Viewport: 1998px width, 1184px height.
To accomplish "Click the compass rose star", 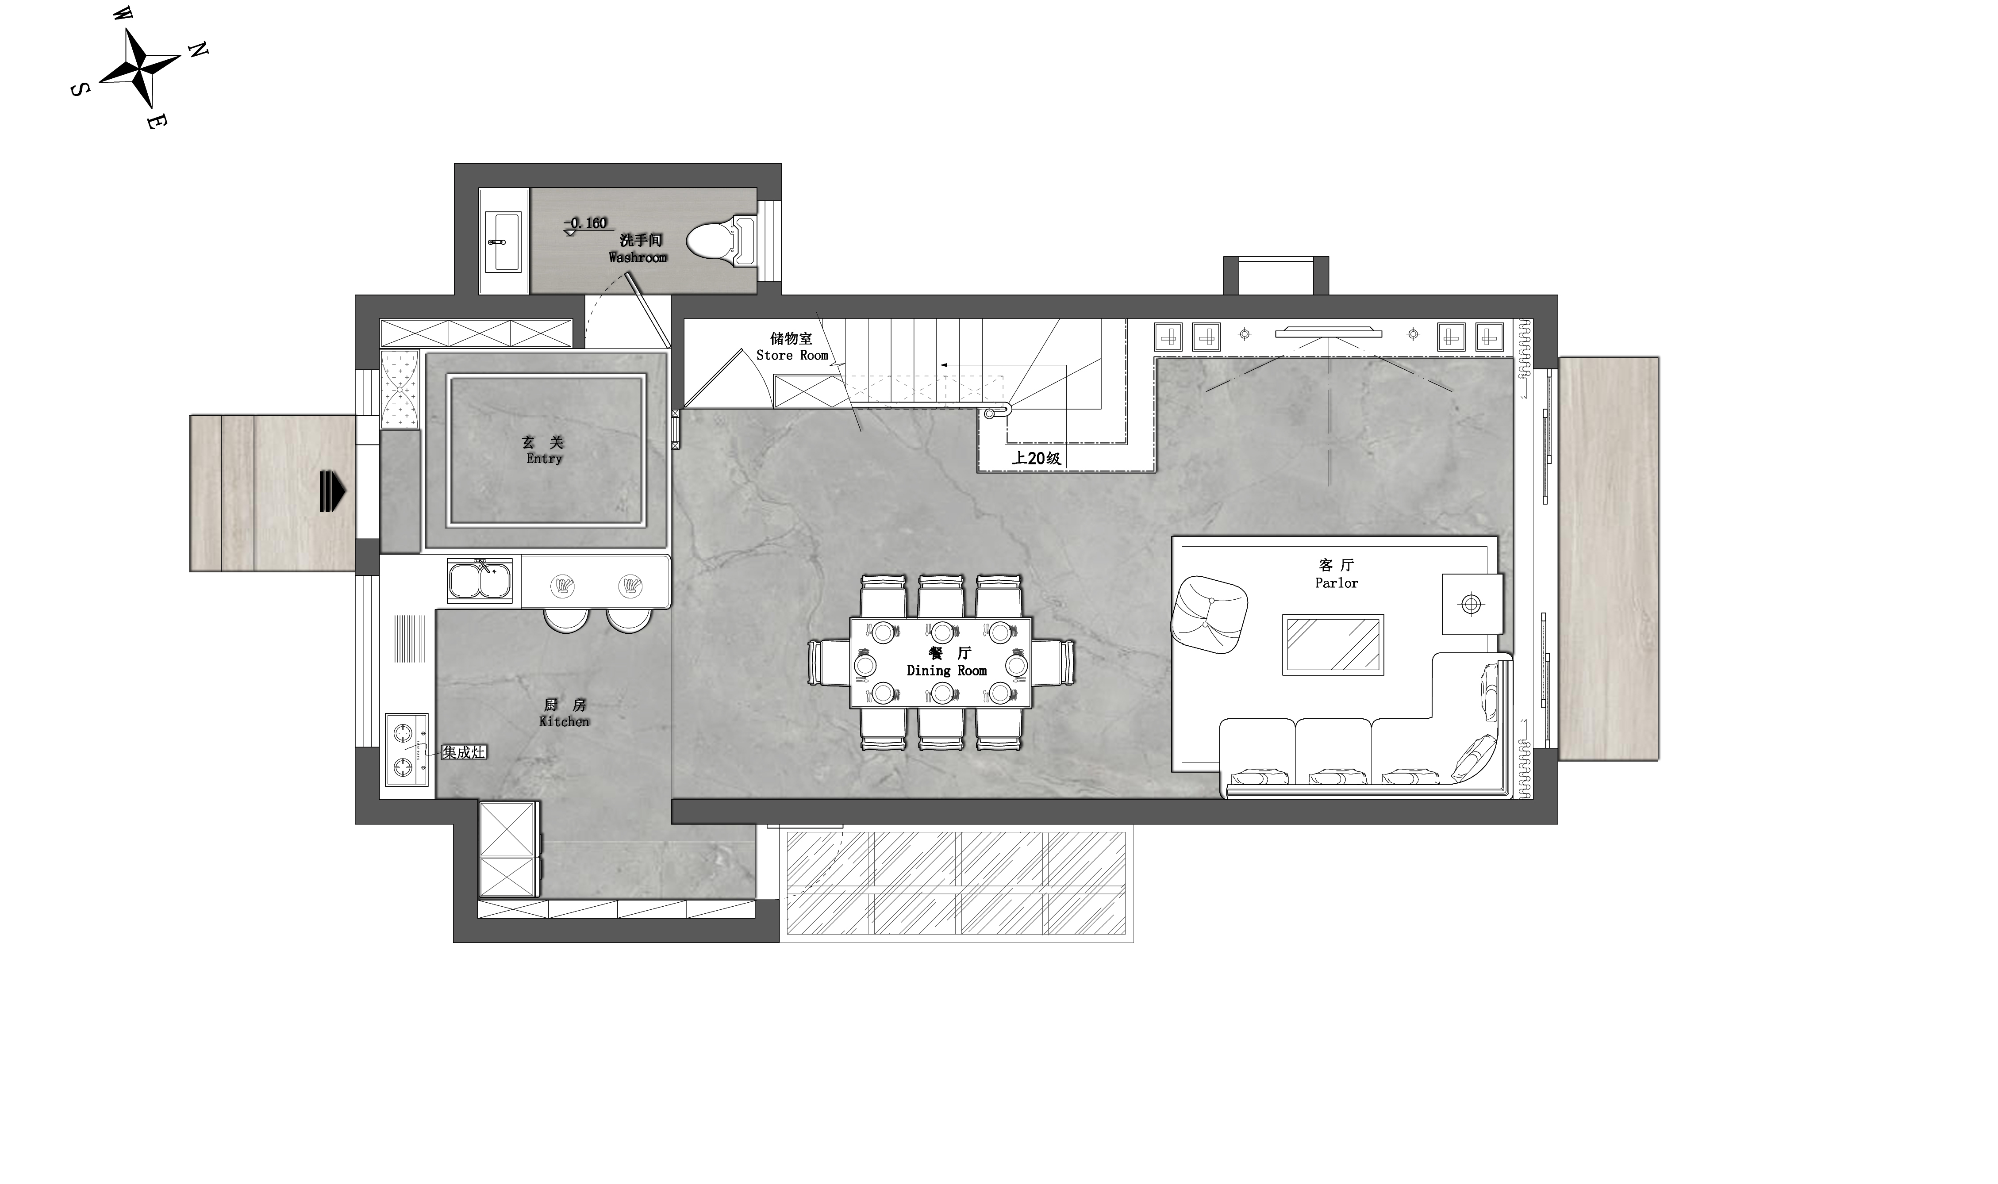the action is coord(140,69).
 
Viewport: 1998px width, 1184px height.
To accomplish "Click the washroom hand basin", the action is coord(503,241).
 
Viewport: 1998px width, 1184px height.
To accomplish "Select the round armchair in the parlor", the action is coord(1209,615).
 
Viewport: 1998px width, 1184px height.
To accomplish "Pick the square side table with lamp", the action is coord(1472,604).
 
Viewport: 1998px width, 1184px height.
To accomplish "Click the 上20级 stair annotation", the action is coord(1037,458).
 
